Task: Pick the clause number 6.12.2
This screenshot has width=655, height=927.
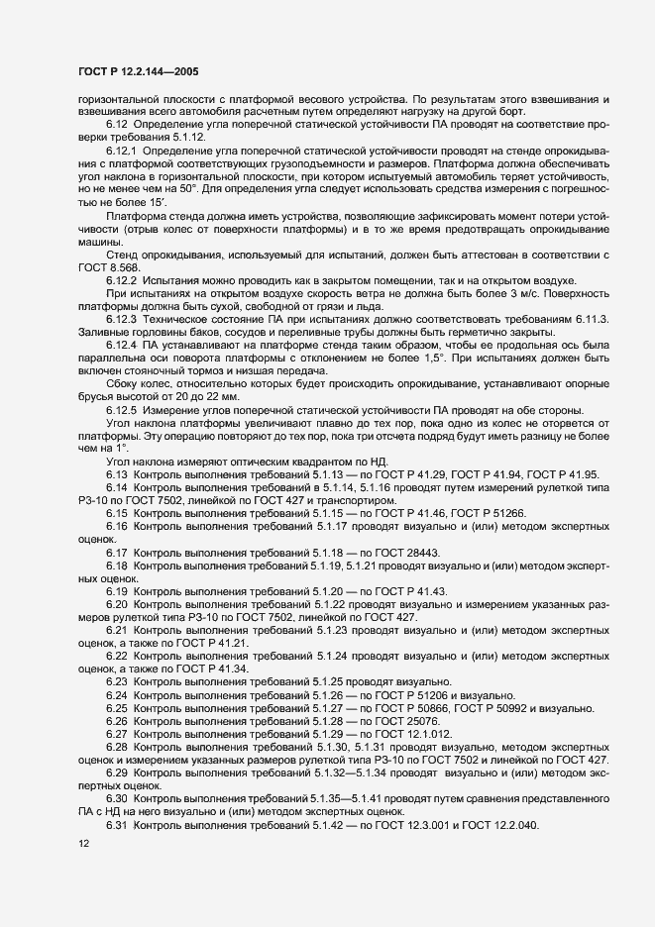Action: [x=123, y=280]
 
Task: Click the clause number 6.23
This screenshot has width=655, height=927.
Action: [x=119, y=681]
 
